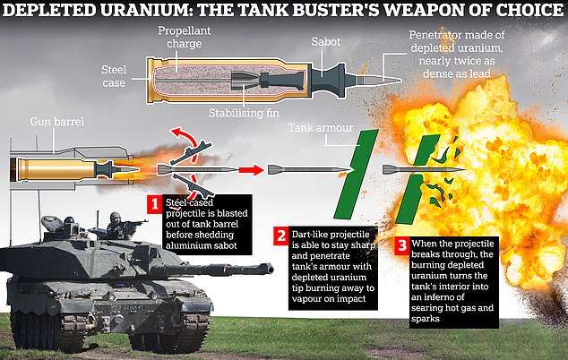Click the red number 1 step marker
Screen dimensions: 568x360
pyautogui.click(x=154, y=204)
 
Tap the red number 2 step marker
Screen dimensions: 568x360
pyautogui.click(x=280, y=236)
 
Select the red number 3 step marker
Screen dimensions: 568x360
pyautogui.click(x=401, y=245)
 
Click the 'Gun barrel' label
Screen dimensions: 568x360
pyautogui.click(x=56, y=121)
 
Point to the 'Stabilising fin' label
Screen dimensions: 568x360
pyautogui.click(x=244, y=113)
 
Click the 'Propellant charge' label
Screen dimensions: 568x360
pyautogui.click(x=184, y=37)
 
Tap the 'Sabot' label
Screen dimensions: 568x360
pyautogui.click(x=325, y=42)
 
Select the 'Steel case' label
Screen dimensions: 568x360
pyautogui.click(x=114, y=76)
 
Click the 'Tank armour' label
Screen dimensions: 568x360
pyautogui.click(x=320, y=128)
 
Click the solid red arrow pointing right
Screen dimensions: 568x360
pyautogui.click(x=251, y=169)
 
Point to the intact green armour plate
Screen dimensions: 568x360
pyautogui.click(x=356, y=175)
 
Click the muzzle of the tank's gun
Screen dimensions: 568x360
pyautogui.click(x=269, y=269)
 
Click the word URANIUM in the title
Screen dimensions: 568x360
pyautogui.click(x=147, y=10)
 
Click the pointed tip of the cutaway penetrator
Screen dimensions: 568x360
pyautogui.click(x=401, y=81)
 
